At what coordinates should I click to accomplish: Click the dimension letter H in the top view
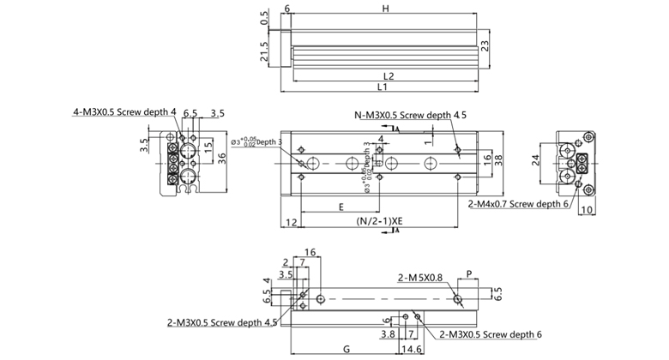pos(387,9)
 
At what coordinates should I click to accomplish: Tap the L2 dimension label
pos(388,76)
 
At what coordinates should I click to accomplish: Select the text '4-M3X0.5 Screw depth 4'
pos(124,111)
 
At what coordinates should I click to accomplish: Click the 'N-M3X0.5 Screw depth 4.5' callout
pos(412,114)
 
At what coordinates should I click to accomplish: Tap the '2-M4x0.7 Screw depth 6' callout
pos(520,205)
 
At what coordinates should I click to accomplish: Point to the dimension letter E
pos(341,207)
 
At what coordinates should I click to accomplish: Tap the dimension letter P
pos(469,274)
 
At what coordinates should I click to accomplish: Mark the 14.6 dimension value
pos(412,350)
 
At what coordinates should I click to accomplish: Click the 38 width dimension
pos(497,158)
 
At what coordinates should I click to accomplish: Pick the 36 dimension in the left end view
pos(221,156)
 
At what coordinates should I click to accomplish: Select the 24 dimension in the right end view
pos(536,159)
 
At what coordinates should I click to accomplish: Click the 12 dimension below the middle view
pos(292,222)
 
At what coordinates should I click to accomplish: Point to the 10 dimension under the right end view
pos(588,209)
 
